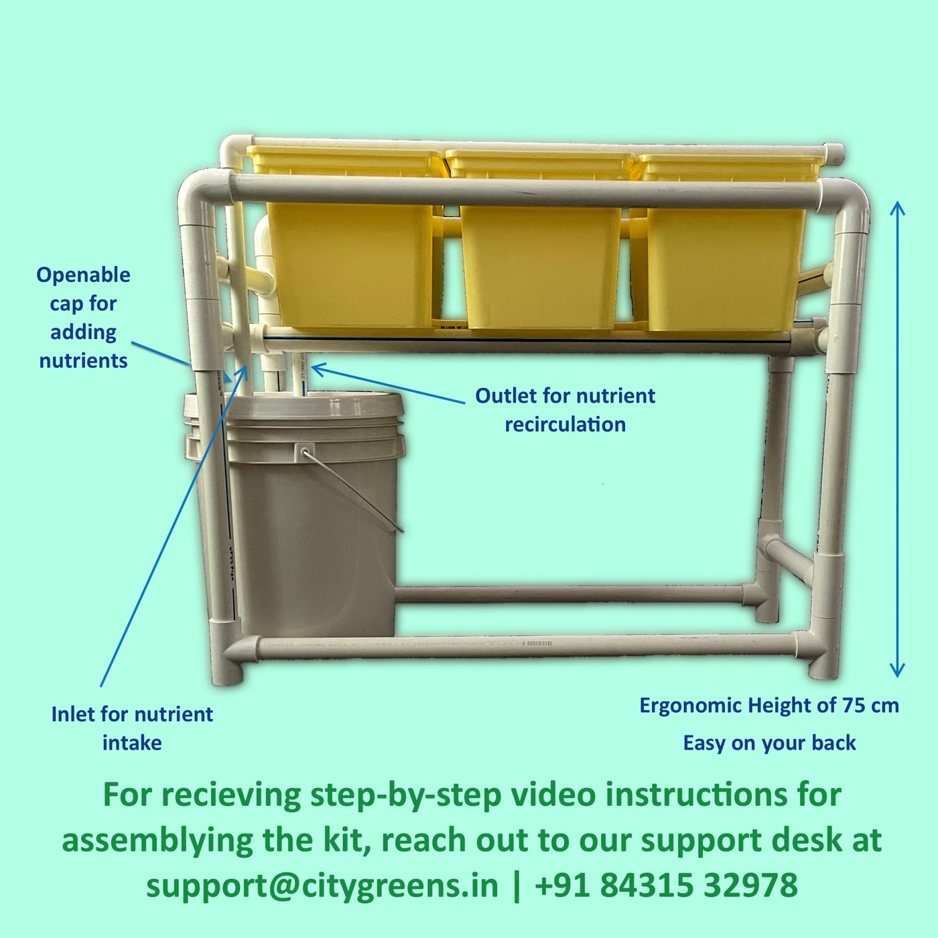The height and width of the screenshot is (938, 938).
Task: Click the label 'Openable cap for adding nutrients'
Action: pyautogui.click(x=83, y=318)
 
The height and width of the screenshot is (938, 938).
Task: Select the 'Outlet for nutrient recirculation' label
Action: pyautogui.click(x=565, y=409)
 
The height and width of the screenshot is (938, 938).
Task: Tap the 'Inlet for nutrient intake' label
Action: pyautogui.click(x=132, y=728)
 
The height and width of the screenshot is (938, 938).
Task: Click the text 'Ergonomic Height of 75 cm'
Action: pyautogui.click(x=768, y=706)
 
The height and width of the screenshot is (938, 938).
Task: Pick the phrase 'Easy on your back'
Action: pyautogui.click(x=769, y=743)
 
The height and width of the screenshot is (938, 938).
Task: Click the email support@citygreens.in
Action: pyautogui.click(x=322, y=885)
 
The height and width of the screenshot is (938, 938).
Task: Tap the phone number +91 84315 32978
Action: pyautogui.click(x=666, y=885)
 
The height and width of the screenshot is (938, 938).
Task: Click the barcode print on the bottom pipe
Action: pyautogui.click(x=536, y=644)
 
